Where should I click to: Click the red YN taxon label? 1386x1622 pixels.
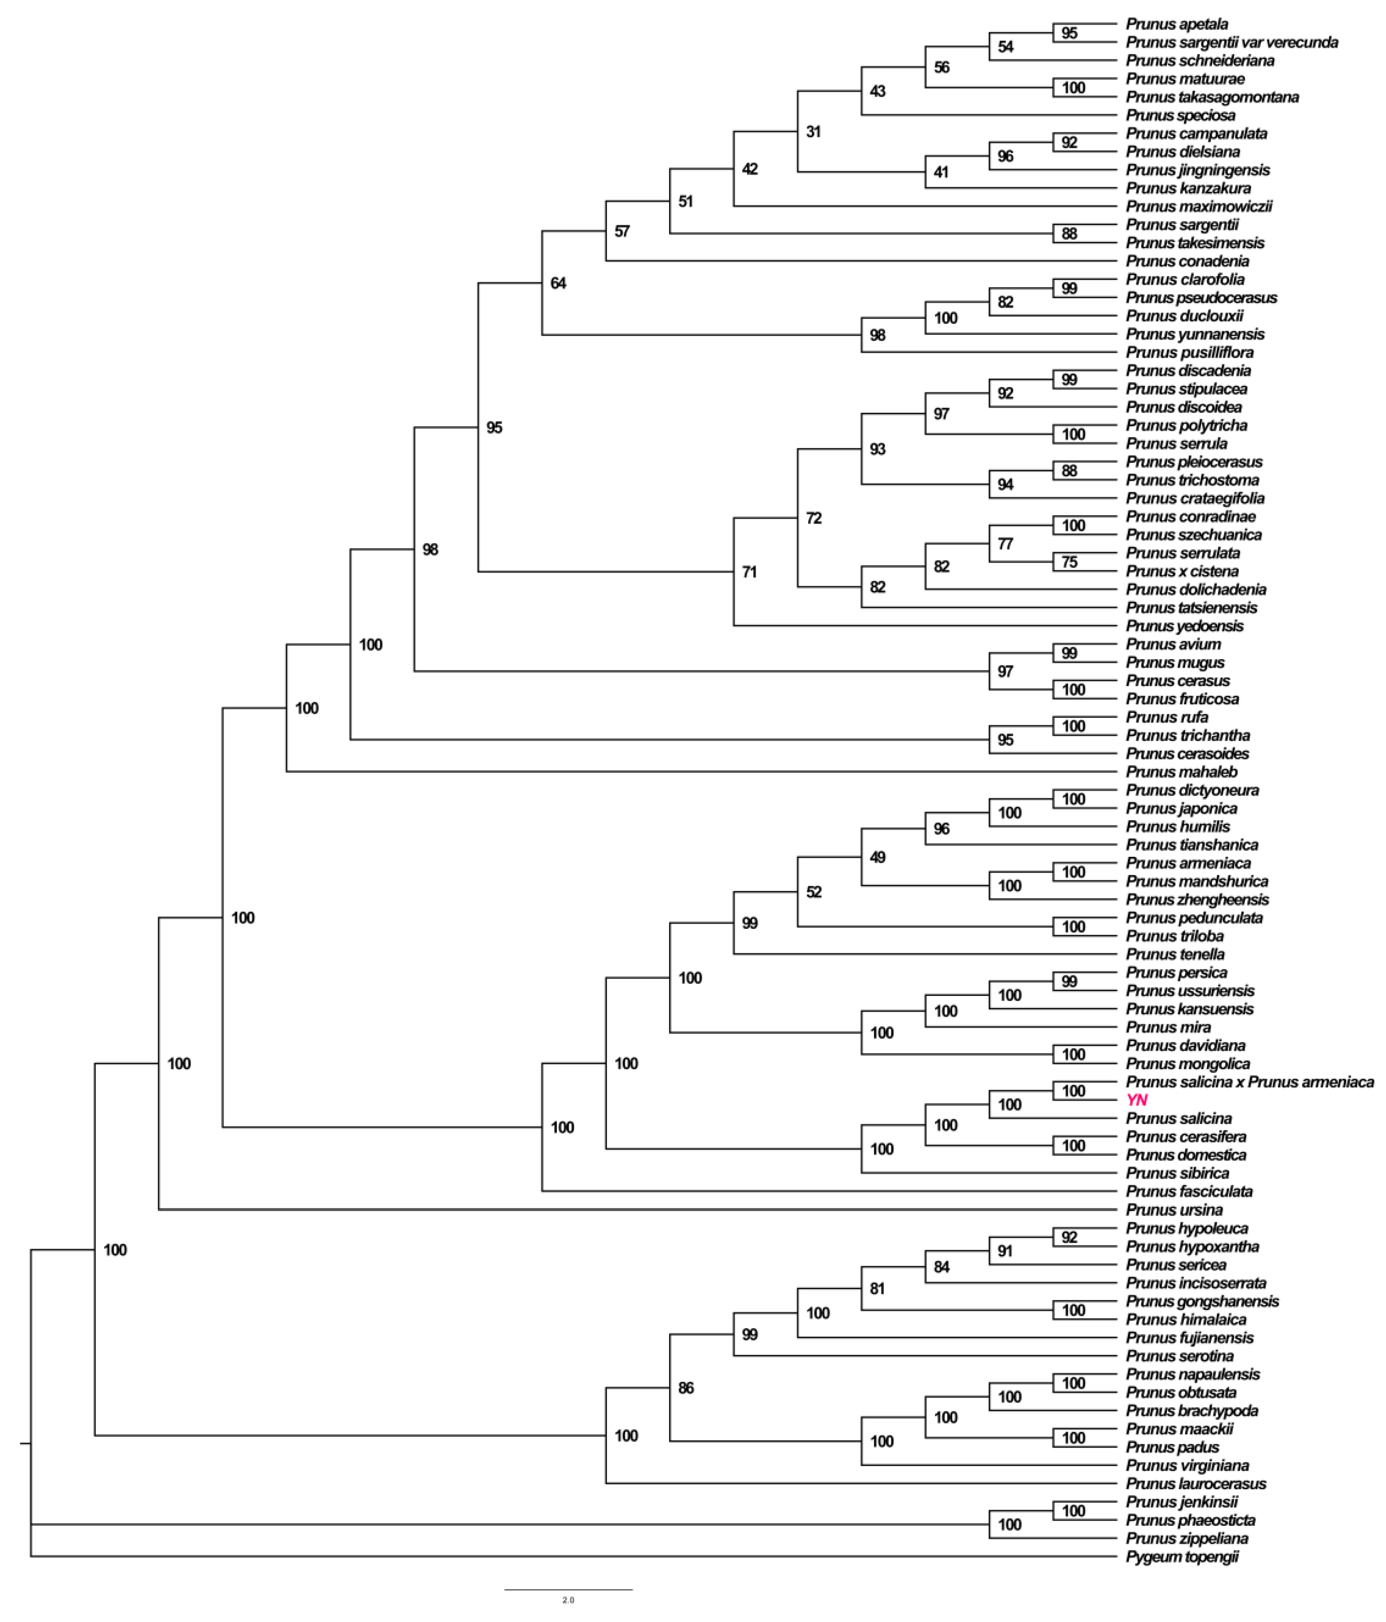click(x=1136, y=1100)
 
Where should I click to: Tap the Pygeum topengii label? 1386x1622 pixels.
click(x=1182, y=1557)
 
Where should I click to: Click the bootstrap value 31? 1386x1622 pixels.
click(x=814, y=131)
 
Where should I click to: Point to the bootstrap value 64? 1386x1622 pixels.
click(x=558, y=284)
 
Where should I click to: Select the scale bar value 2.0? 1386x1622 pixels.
click(x=568, y=1600)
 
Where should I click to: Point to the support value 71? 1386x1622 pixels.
click(x=750, y=572)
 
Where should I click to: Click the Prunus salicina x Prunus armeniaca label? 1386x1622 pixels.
click(x=1250, y=1082)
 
